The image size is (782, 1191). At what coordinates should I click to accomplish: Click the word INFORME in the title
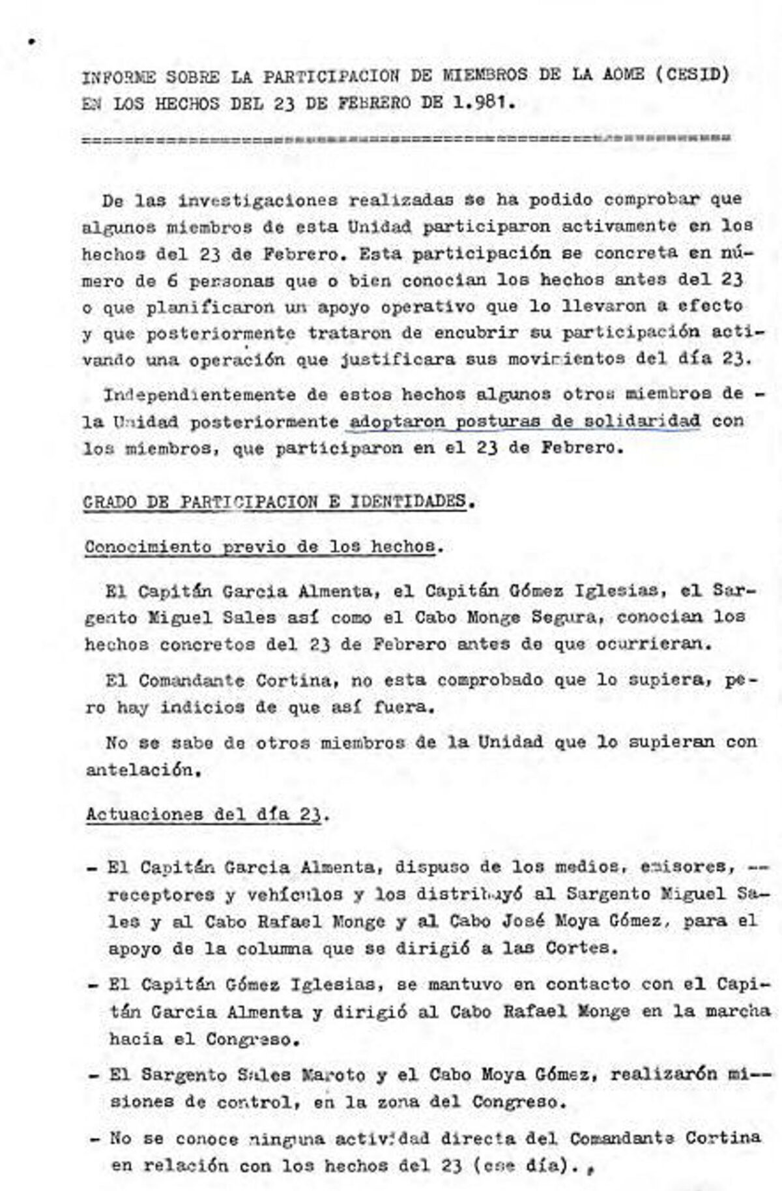pos(119,77)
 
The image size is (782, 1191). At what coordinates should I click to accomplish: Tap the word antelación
pos(139,770)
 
